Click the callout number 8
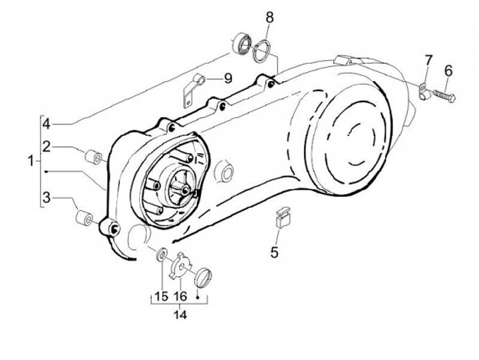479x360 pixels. (x=269, y=18)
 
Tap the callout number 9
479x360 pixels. (x=228, y=79)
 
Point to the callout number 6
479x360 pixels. (x=448, y=71)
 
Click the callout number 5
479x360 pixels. (x=274, y=252)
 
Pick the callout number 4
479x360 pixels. (x=47, y=124)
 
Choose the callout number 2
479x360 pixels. (x=47, y=146)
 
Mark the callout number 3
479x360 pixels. (x=47, y=198)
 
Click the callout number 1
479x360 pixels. (x=31, y=161)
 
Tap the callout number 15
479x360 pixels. (x=161, y=296)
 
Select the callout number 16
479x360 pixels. (x=180, y=296)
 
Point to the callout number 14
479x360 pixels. (x=180, y=314)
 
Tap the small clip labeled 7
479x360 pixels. (x=423, y=91)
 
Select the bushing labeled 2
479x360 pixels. (x=93, y=158)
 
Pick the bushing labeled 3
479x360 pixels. (x=84, y=218)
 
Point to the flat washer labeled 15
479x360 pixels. (x=161, y=254)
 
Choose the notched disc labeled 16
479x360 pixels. (x=180, y=266)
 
